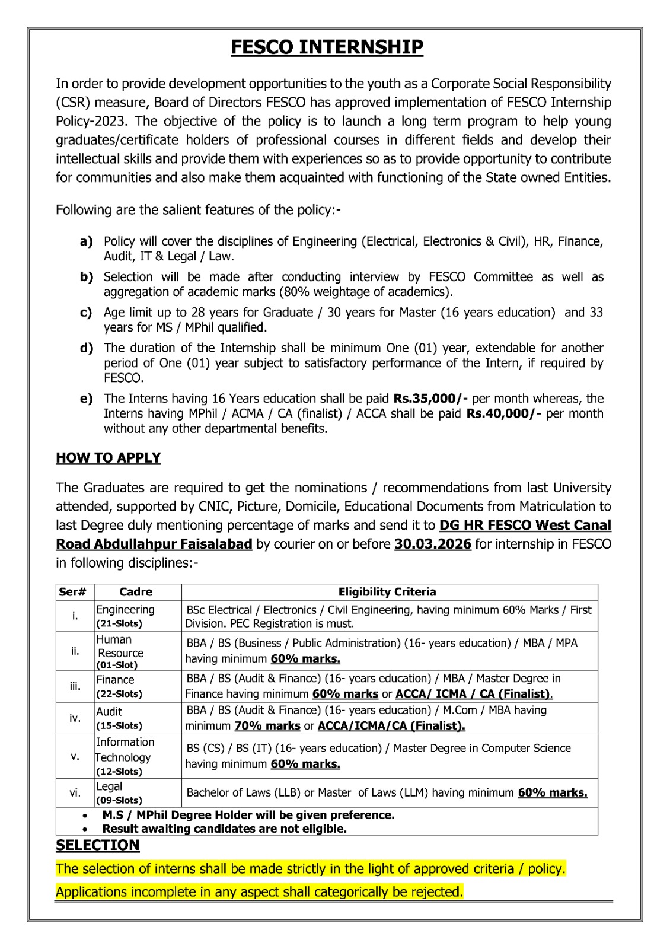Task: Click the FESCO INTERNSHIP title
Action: (327, 47)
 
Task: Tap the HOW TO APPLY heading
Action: (108, 458)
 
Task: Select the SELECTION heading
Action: (97, 845)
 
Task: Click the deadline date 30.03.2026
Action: (433, 544)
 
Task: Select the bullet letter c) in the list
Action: (87, 313)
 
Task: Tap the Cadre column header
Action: (136, 592)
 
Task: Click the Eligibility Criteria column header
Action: (387, 592)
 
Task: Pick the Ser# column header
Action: (73, 592)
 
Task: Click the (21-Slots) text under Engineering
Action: (119, 624)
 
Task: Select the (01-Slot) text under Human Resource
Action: (117, 665)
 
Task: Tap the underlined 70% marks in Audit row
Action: (267, 726)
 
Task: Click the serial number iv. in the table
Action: (75, 718)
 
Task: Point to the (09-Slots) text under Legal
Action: (119, 800)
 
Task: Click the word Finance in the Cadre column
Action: (115, 680)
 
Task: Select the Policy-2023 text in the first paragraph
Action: (91, 121)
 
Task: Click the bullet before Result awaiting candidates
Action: (86, 829)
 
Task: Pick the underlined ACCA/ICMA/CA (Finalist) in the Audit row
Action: (391, 726)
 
